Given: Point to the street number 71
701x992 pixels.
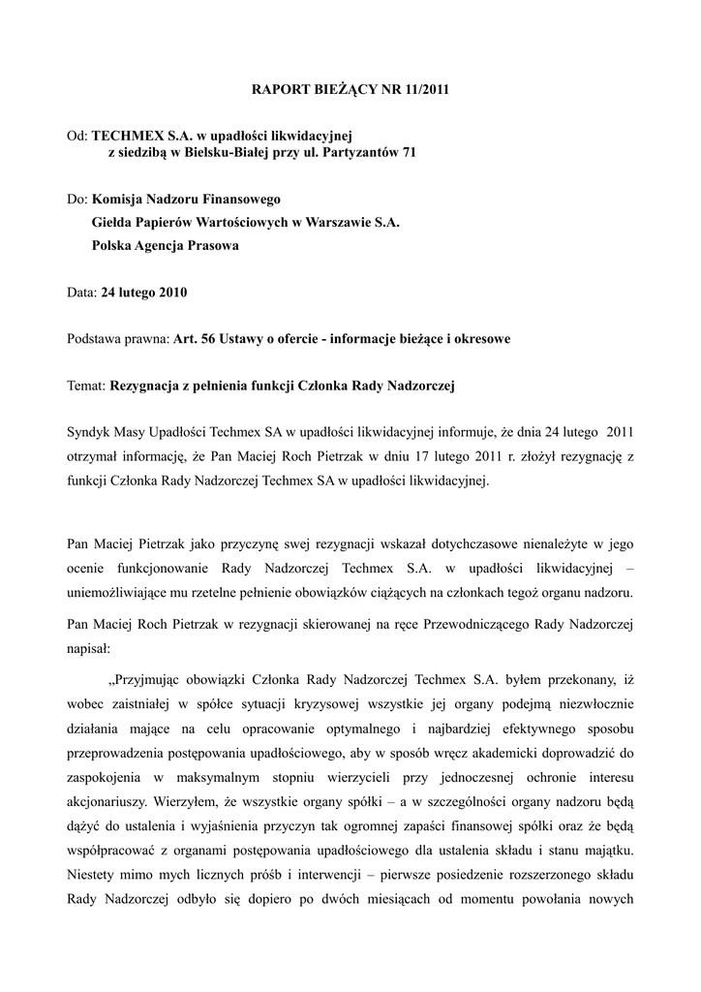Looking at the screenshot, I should point(409,154).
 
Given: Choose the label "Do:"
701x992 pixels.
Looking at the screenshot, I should point(77,199).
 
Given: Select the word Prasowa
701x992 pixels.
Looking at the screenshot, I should point(211,245).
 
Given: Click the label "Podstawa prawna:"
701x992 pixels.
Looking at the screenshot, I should point(117,338).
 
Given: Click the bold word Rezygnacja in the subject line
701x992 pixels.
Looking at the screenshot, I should point(151,385).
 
